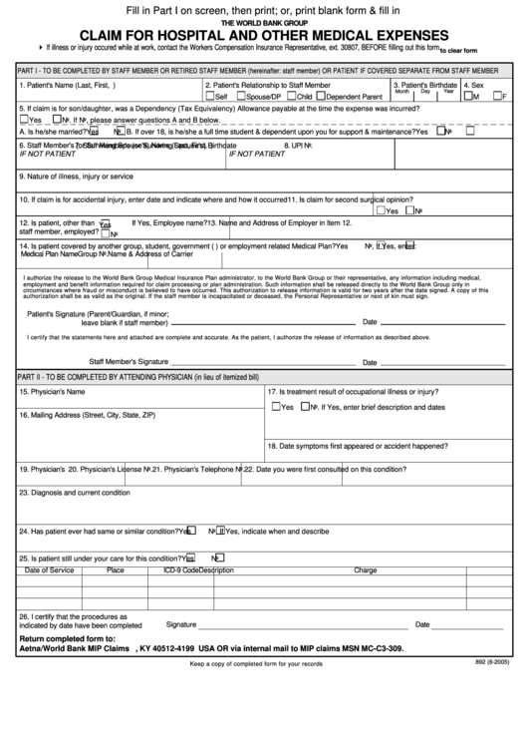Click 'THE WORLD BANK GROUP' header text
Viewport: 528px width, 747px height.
264,21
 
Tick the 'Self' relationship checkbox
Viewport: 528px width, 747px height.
208,96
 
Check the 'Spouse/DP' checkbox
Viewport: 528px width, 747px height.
243,96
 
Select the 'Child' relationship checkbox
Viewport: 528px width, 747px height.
292,96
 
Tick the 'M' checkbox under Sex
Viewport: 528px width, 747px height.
470,96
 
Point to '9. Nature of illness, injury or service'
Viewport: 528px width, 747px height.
76,177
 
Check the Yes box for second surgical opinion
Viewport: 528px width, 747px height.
381,210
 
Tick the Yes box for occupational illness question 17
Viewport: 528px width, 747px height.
274,407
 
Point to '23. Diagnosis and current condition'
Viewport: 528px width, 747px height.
75,492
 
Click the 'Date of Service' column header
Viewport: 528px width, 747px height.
49,570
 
